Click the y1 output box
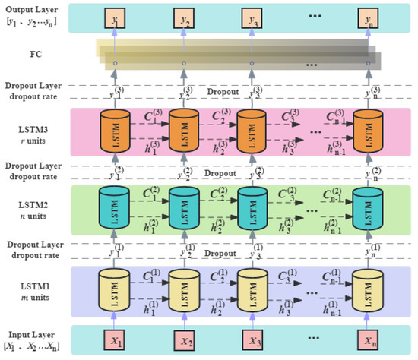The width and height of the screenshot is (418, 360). click(x=114, y=17)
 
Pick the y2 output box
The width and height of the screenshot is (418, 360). click(x=183, y=17)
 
